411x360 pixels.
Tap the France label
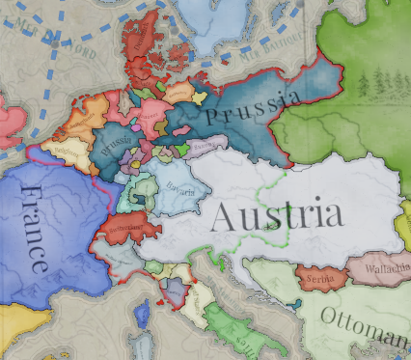pos(36,228)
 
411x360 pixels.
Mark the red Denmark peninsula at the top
pos(146,39)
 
